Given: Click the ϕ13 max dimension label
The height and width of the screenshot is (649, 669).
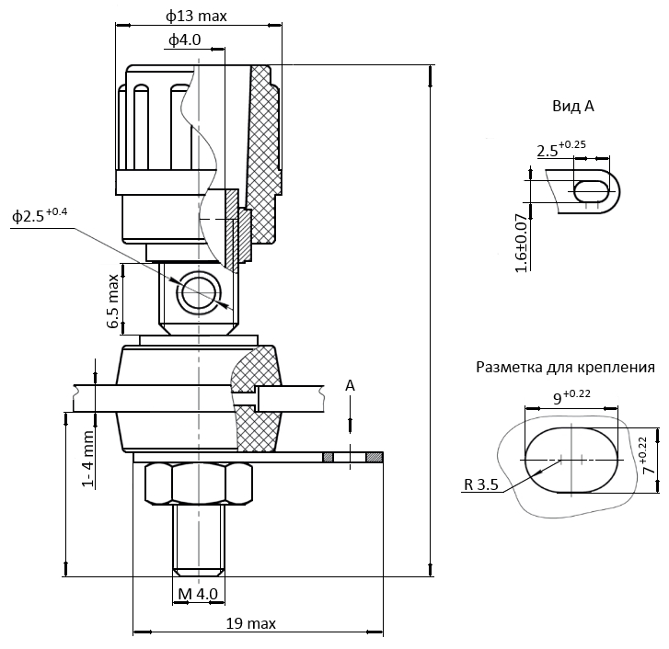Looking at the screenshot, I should pyautogui.click(x=196, y=16).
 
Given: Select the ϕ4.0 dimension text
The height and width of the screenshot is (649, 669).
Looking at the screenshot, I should pyautogui.click(x=184, y=40).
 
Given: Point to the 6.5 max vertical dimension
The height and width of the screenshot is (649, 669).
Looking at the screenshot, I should pyautogui.click(x=113, y=301).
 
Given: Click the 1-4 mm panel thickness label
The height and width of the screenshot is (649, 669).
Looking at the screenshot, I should pyautogui.click(x=89, y=459).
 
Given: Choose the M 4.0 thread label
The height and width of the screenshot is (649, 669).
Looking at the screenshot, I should pyautogui.click(x=198, y=594).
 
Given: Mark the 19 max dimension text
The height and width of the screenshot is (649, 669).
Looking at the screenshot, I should pyautogui.click(x=250, y=623).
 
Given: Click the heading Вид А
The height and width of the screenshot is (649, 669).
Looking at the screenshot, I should pyautogui.click(x=572, y=106).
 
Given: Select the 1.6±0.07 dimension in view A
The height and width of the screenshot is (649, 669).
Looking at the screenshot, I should pyautogui.click(x=521, y=243).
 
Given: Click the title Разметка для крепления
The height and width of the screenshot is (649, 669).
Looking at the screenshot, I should pyautogui.click(x=565, y=368).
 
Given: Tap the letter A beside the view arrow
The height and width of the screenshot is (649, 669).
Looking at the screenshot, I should pyautogui.click(x=350, y=387).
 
